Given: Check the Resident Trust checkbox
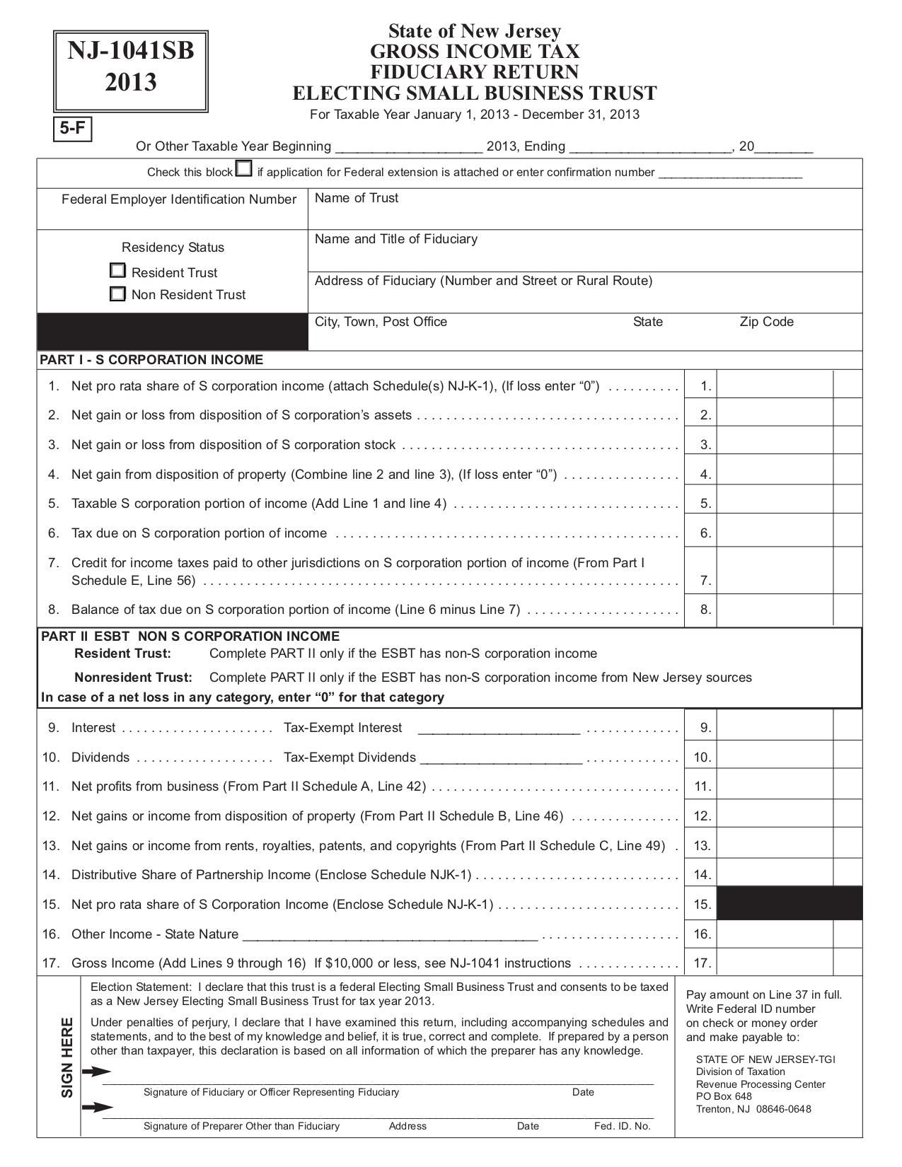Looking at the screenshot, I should (x=118, y=271).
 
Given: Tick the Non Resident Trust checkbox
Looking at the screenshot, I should (x=118, y=294).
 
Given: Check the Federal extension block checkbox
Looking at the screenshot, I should (x=243, y=169).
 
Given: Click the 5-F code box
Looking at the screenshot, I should (x=72, y=129).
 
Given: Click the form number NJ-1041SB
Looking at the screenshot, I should (x=131, y=52).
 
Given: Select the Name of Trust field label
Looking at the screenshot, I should (x=357, y=199).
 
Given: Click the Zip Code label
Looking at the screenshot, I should (x=766, y=322).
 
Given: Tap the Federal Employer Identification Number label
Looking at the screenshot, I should (x=179, y=199).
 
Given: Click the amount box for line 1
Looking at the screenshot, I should (x=775, y=385).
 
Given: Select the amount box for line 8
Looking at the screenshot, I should (x=775, y=609).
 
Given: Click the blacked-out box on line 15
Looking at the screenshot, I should (x=790, y=904).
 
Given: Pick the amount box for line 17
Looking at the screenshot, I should (x=775, y=963).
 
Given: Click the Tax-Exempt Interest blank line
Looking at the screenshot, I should (x=499, y=728).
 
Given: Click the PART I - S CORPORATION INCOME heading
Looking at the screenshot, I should (x=151, y=360).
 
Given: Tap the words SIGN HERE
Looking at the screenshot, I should (x=67, y=1057).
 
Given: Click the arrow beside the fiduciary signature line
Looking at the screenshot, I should (x=96, y=1072).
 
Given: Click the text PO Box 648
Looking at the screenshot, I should (x=724, y=1096).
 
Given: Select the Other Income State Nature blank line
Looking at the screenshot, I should (x=390, y=935).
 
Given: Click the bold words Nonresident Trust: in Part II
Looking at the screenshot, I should (x=133, y=677).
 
